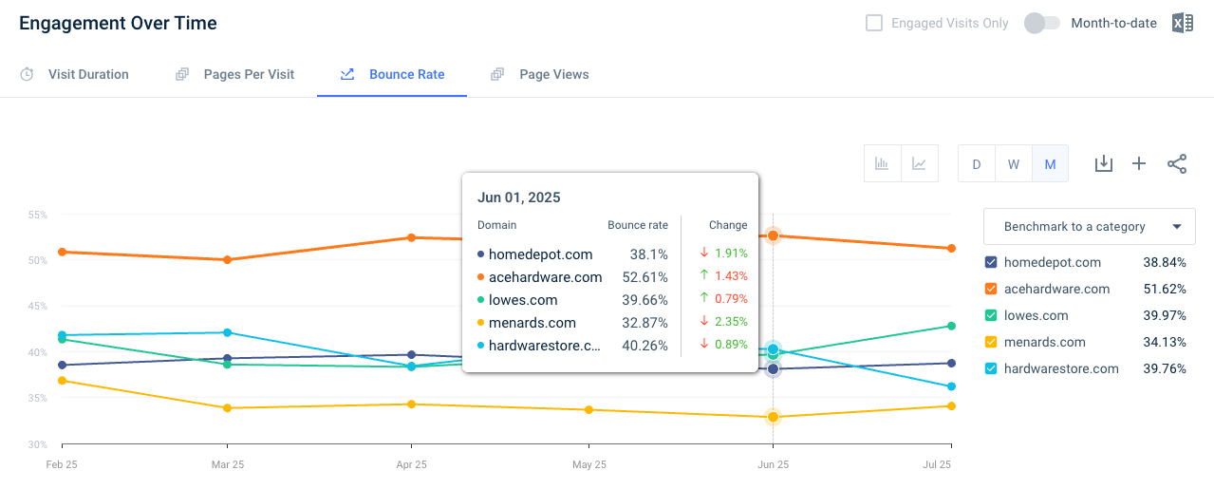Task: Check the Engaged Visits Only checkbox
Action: (x=873, y=23)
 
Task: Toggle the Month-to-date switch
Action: (x=1041, y=23)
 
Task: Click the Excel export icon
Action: (x=1183, y=23)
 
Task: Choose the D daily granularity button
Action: (x=977, y=163)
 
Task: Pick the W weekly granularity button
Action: (x=1014, y=163)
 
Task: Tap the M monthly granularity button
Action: (x=1051, y=163)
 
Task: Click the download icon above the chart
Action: (x=1104, y=163)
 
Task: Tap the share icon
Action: (x=1177, y=163)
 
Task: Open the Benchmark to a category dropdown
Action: (x=1090, y=227)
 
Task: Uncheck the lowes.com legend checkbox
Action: (x=991, y=315)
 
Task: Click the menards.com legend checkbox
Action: (x=991, y=342)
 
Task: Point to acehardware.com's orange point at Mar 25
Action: (x=228, y=259)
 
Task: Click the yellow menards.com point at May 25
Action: (x=589, y=410)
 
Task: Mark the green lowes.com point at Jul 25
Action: (x=951, y=326)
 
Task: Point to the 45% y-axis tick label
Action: (x=38, y=307)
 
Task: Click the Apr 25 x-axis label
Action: (x=411, y=464)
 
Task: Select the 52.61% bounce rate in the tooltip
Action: (x=644, y=277)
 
